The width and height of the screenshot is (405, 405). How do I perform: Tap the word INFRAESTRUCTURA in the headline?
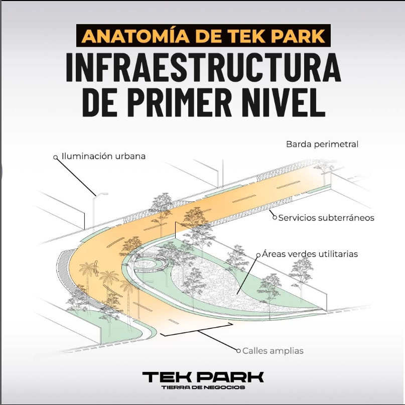tap(204, 67)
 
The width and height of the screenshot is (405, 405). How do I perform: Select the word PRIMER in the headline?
tap(179, 102)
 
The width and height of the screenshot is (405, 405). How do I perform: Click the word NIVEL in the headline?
tap(284, 102)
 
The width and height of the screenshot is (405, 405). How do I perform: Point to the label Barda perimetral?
tap(322, 144)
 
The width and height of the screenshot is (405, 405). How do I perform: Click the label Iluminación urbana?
tap(103, 156)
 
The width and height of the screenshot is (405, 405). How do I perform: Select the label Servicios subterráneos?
tap(326, 218)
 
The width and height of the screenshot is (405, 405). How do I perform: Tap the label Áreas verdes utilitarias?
tap(310, 254)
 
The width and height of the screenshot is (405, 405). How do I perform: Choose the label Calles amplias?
tap(273, 351)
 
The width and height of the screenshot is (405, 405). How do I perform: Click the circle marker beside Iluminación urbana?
tap(55, 157)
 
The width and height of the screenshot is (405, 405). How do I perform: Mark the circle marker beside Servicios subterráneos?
tap(275, 217)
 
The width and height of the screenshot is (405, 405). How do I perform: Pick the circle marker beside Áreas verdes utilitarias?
tap(258, 255)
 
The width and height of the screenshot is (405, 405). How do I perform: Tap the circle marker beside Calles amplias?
tap(238, 350)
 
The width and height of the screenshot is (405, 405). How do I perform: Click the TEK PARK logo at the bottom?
tap(203, 377)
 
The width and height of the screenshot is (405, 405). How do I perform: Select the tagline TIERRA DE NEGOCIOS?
tap(203, 387)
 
